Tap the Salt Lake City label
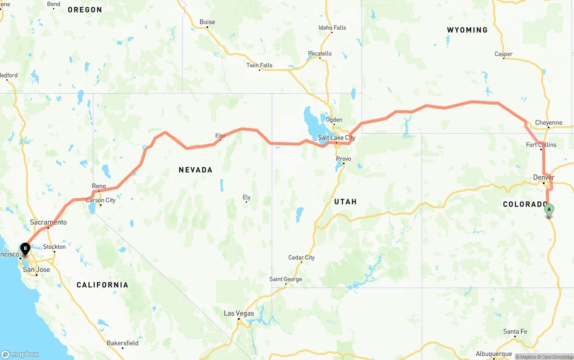pyautogui.click(x=336, y=138)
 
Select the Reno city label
pyautogui.click(x=99, y=186)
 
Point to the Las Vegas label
pyautogui.click(x=239, y=313)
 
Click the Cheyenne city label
pyautogui.click(x=548, y=123)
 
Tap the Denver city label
pyautogui.click(x=544, y=178)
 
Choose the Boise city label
pyautogui.click(x=207, y=22)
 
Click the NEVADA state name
pyautogui.click(x=196, y=170)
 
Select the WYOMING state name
pyautogui.click(x=467, y=30)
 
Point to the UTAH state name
pyautogui.click(x=345, y=202)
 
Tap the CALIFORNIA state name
pyautogui.click(x=102, y=285)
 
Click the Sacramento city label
pyautogui.click(x=48, y=222)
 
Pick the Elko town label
pyautogui.click(x=220, y=135)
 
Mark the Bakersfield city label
pyautogui.click(x=122, y=343)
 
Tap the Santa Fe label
pyautogui.click(x=515, y=332)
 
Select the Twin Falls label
pyautogui.click(x=259, y=65)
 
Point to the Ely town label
pyautogui.click(x=246, y=197)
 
